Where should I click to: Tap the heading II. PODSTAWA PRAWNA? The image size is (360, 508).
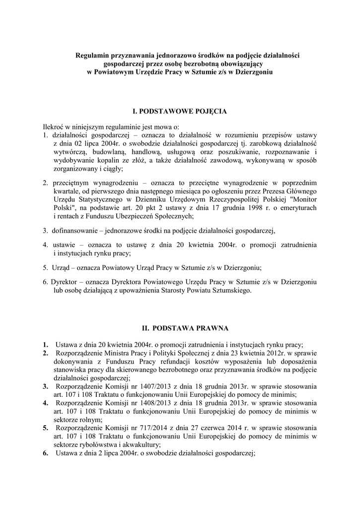[x=180, y=328]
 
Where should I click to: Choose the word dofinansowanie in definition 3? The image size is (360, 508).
[x=74, y=231]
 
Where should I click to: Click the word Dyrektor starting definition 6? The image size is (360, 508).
[x=64, y=282]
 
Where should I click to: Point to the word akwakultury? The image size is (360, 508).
[x=141, y=444]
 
